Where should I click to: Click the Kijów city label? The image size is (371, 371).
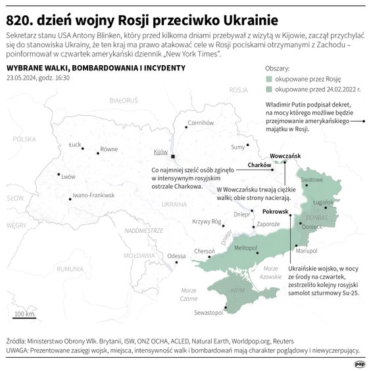161,152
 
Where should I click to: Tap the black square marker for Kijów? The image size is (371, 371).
173,157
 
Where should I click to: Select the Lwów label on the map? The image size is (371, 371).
68,176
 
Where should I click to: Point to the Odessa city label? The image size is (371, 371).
176,256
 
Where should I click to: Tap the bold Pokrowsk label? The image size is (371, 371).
276,212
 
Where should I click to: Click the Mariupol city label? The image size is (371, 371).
307,251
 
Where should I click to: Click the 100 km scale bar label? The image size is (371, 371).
24,314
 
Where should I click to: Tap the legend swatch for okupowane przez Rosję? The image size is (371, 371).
269,78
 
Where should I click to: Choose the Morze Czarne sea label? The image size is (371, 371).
189,294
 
